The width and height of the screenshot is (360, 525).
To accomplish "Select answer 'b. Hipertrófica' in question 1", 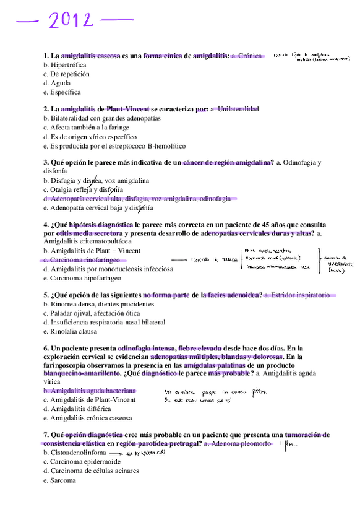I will pyautogui.click(x=65, y=65).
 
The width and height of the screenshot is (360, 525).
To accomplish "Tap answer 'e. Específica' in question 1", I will pyautogui.click(x=62, y=92).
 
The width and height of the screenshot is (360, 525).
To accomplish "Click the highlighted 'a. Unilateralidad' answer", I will pyautogui.click(x=234, y=110).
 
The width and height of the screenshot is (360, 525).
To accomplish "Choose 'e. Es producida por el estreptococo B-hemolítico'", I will pyautogui.click(x=114, y=146).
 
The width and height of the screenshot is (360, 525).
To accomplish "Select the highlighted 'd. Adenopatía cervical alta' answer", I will pyautogui.click(x=137, y=199).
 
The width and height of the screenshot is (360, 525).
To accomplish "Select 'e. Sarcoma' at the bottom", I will pyautogui.click(x=59, y=480).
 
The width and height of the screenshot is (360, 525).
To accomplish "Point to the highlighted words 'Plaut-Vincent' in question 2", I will pyautogui.click(x=128, y=110).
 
